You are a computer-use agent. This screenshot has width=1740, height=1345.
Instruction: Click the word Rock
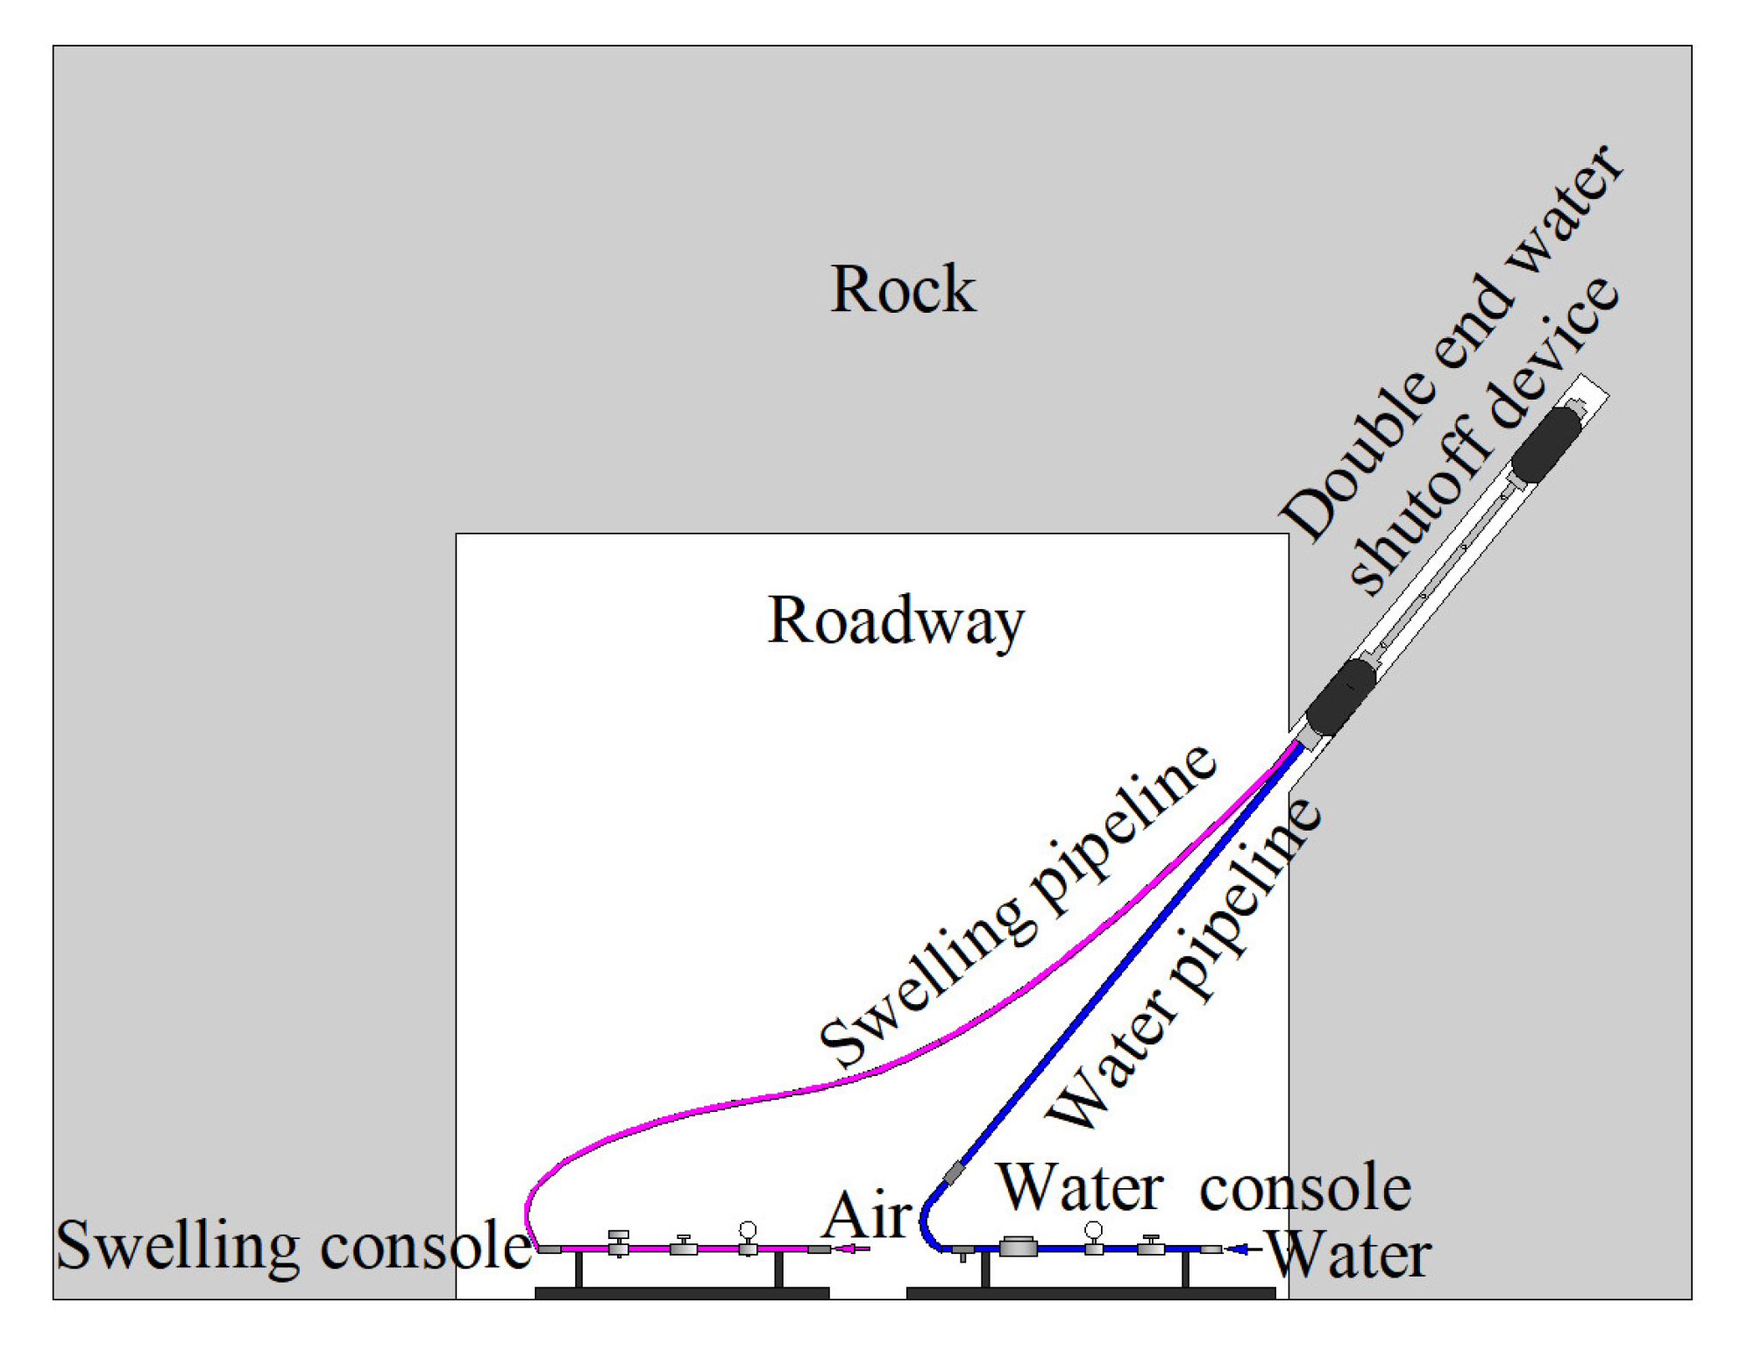[x=902, y=290]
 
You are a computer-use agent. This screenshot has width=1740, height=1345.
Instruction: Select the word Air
[x=867, y=1216]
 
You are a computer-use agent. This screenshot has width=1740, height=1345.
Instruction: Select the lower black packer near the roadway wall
[x=1340, y=697]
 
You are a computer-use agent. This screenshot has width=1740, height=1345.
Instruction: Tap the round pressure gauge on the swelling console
[x=747, y=1230]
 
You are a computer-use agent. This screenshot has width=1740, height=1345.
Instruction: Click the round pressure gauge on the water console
[x=1093, y=1230]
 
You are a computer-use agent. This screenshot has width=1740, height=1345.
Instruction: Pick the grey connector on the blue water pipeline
[x=953, y=1172]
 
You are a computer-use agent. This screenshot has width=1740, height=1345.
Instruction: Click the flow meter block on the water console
[x=1018, y=1246]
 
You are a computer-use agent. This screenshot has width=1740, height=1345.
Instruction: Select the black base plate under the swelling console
[x=681, y=1293]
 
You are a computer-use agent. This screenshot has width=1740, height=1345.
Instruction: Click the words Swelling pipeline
[x=1017, y=907]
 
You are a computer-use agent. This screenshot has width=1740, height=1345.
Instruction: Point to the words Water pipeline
[x=1183, y=964]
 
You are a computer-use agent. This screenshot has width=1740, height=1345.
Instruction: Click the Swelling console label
[x=294, y=1245]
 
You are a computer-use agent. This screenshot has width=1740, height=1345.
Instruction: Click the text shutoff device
[x=1481, y=438]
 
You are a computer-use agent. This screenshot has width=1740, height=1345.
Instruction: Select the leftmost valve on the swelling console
[x=618, y=1243]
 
